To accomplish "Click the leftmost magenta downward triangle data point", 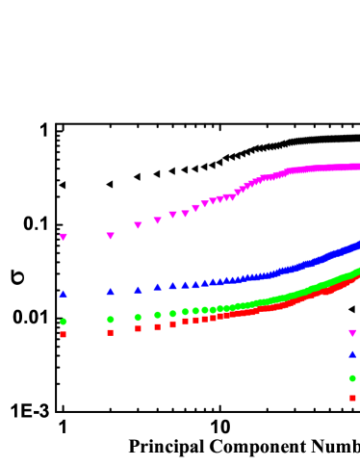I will click(x=64, y=237).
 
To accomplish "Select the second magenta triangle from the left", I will click(x=110, y=236).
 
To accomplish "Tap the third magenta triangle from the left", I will click(x=138, y=225).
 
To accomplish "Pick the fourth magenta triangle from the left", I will click(x=158, y=220).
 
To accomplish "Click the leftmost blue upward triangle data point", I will click(x=64, y=294).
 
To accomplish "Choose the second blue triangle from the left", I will click(x=110, y=291).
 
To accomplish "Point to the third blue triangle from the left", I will click(x=138, y=289).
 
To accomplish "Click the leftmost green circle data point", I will click(x=64, y=322).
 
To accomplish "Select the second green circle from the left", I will click(x=110, y=319).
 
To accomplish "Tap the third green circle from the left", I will click(x=138, y=317).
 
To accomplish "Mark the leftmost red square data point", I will click(x=64, y=335).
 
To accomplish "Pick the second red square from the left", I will click(x=110, y=332).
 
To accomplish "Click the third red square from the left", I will click(x=138, y=329).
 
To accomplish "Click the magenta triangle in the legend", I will click(x=352, y=333).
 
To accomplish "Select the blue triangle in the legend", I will click(x=352, y=354).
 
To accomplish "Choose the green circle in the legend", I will click(x=352, y=378).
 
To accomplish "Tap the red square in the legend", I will click(x=352, y=398).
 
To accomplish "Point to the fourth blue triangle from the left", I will click(x=158, y=286).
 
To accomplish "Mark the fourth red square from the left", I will click(x=158, y=327).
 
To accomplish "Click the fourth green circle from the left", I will click(x=158, y=315).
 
